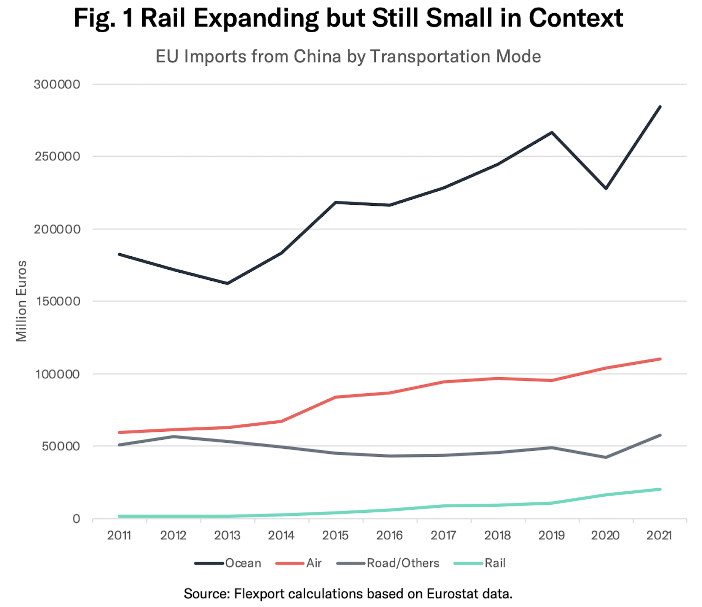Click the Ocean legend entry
[x=228, y=563]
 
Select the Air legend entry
[x=299, y=563]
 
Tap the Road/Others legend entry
[x=388, y=563]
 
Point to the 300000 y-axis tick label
[x=57, y=84]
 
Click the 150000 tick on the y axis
[x=58, y=302]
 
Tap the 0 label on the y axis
[x=76, y=519]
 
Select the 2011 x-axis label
[x=119, y=536]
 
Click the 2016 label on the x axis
[x=389, y=536]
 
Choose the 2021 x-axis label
[x=659, y=536]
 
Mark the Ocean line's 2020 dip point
[x=606, y=188]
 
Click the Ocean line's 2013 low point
[x=228, y=283]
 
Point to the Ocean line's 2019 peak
[x=552, y=132]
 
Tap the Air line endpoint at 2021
[x=660, y=359]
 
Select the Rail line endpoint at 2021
[x=660, y=489]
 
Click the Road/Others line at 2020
[x=606, y=457]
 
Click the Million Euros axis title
[x=21, y=301]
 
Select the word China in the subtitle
[x=317, y=57]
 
